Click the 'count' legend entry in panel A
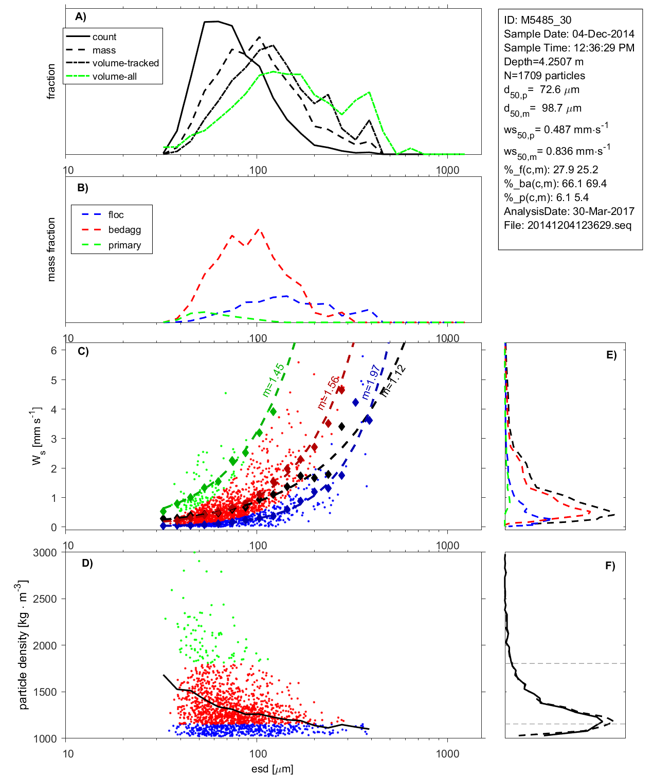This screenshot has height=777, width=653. pyautogui.click(x=104, y=37)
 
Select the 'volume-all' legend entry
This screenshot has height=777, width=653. pyautogui.click(x=114, y=77)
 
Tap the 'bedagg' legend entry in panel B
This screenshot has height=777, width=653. pyautogui.click(x=124, y=230)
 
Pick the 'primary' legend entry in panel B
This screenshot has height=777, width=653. pyautogui.click(x=124, y=245)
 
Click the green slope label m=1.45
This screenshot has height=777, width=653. pyautogui.click(x=273, y=380)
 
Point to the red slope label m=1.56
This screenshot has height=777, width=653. pyautogui.click(x=328, y=393)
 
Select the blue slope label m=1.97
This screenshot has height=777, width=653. pyautogui.click(x=370, y=382)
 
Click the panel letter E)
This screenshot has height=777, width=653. pyautogui.click(x=611, y=355)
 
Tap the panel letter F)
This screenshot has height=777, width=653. pyautogui.click(x=610, y=566)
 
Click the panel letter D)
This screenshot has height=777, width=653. pyautogui.click(x=87, y=563)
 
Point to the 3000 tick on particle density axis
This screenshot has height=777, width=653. pyautogui.click(x=45, y=553)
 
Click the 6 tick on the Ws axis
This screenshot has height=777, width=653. pyautogui.click(x=54, y=350)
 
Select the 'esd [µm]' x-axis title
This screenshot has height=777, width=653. pyautogui.click(x=272, y=769)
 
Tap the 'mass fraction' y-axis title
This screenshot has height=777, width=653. pyautogui.click(x=51, y=249)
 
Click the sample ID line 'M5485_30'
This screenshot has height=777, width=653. pyautogui.click(x=537, y=20)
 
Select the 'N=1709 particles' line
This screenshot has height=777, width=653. pyautogui.click(x=544, y=76)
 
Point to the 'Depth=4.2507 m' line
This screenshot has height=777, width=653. pyautogui.click(x=543, y=62)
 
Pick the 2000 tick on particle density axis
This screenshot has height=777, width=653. pyautogui.click(x=45, y=646)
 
